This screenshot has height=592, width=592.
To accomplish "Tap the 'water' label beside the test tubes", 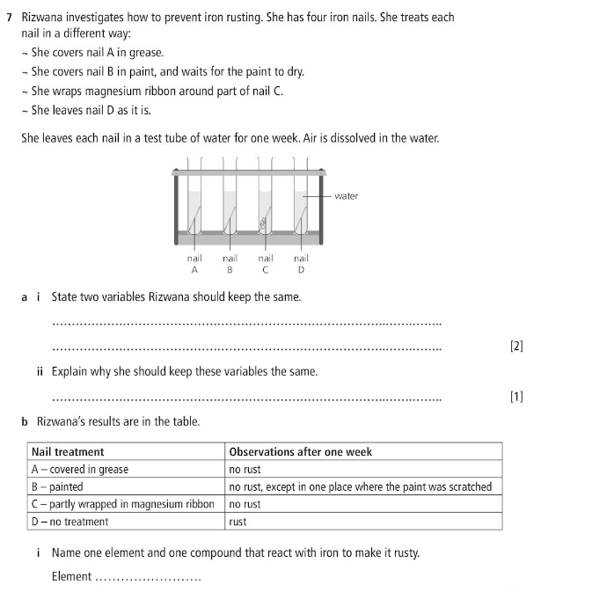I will (346, 196).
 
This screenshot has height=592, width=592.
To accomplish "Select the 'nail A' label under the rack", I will (194, 264).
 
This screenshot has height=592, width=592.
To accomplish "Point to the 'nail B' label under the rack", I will (230, 264).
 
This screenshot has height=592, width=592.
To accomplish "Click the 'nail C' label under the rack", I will (265, 264).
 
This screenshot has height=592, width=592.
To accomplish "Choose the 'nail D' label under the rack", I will (301, 264).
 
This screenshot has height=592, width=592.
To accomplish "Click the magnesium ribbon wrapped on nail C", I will (262, 223).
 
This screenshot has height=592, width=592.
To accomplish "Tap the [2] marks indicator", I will (516, 347).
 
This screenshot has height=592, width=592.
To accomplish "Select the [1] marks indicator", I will (516, 397).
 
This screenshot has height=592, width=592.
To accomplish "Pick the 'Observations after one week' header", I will (300, 452).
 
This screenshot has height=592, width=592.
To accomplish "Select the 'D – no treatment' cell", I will (69, 523).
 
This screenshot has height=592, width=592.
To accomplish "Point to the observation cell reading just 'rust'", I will (238, 523).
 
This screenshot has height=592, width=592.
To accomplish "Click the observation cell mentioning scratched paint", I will (360, 487).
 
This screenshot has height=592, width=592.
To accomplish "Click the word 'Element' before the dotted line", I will (71, 577).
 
